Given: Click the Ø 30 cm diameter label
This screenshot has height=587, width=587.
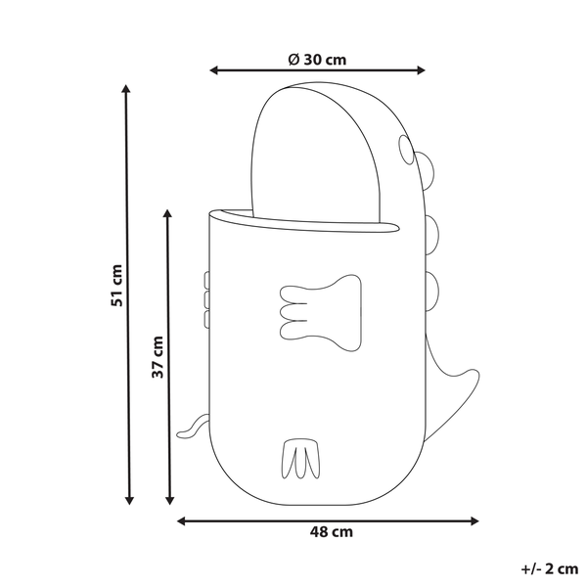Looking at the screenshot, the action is pyautogui.click(x=317, y=60).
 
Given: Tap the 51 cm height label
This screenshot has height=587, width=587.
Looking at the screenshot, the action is pyautogui.click(x=116, y=286).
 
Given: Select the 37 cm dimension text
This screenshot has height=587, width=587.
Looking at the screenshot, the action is pyautogui.click(x=158, y=357).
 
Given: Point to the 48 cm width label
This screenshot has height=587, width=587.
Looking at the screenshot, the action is pyautogui.click(x=332, y=532).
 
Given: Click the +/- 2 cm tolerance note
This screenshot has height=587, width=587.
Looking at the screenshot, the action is pyautogui.click(x=550, y=569).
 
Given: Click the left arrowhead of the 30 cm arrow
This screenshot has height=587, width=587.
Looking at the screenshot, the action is pyautogui.click(x=213, y=70).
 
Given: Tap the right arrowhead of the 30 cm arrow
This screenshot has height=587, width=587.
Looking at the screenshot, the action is pyautogui.click(x=421, y=70).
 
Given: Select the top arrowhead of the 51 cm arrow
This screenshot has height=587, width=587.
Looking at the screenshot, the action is pyautogui.click(x=126, y=89).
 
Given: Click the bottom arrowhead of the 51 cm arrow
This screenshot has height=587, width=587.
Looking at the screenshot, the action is pyautogui.click(x=129, y=500).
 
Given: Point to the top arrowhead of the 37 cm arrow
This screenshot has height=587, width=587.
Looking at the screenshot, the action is pyautogui.click(x=167, y=213).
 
